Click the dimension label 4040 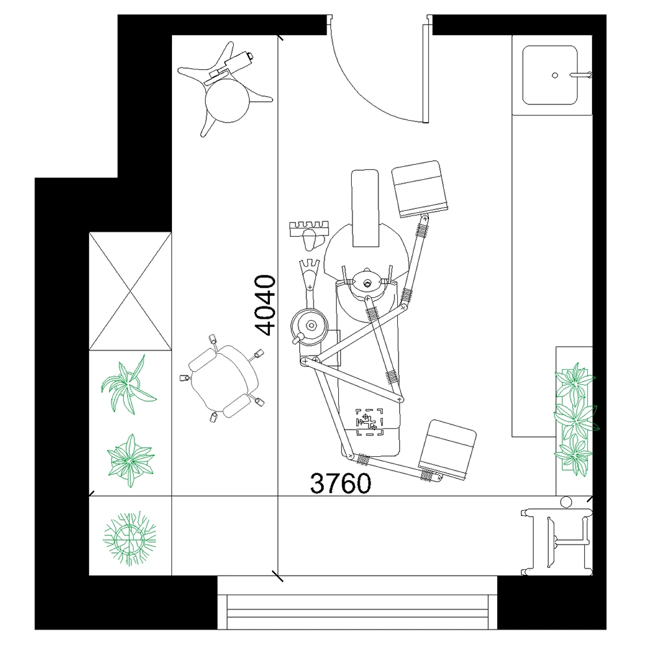(265, 304)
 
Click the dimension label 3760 (341, 483)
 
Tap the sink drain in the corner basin (555, 75)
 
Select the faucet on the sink (581, 75)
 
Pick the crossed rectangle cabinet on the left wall (130, 291)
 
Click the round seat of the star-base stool (228, 101)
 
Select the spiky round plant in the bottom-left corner (130, 539)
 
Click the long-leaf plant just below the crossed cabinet (129, 385)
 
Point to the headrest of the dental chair (365, 208)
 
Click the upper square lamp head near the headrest (420, 188)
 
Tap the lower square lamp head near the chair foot (447, 450)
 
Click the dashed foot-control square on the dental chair (370, 422)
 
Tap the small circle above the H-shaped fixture (566, 502)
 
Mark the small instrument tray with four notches (309, 228)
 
